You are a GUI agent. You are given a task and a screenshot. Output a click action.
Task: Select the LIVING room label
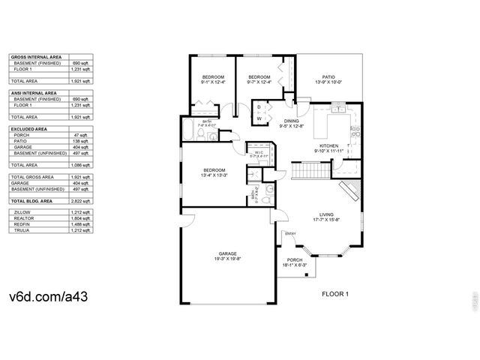326,216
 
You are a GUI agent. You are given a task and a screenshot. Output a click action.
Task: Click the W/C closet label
259,154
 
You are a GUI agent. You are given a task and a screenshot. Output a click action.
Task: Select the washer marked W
259,118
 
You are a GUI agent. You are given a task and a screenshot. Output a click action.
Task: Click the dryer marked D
259,106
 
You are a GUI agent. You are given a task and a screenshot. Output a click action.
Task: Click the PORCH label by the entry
295,262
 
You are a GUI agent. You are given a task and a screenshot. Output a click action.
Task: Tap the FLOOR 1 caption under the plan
335,294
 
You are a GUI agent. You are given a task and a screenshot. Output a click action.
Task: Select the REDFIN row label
22,223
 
